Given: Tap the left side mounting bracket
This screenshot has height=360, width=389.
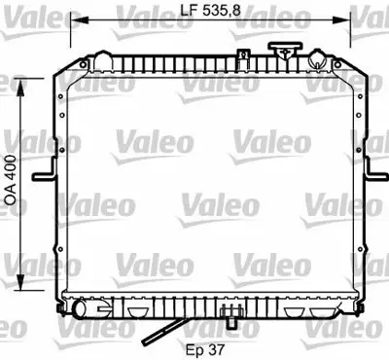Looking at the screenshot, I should coord(45,177).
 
